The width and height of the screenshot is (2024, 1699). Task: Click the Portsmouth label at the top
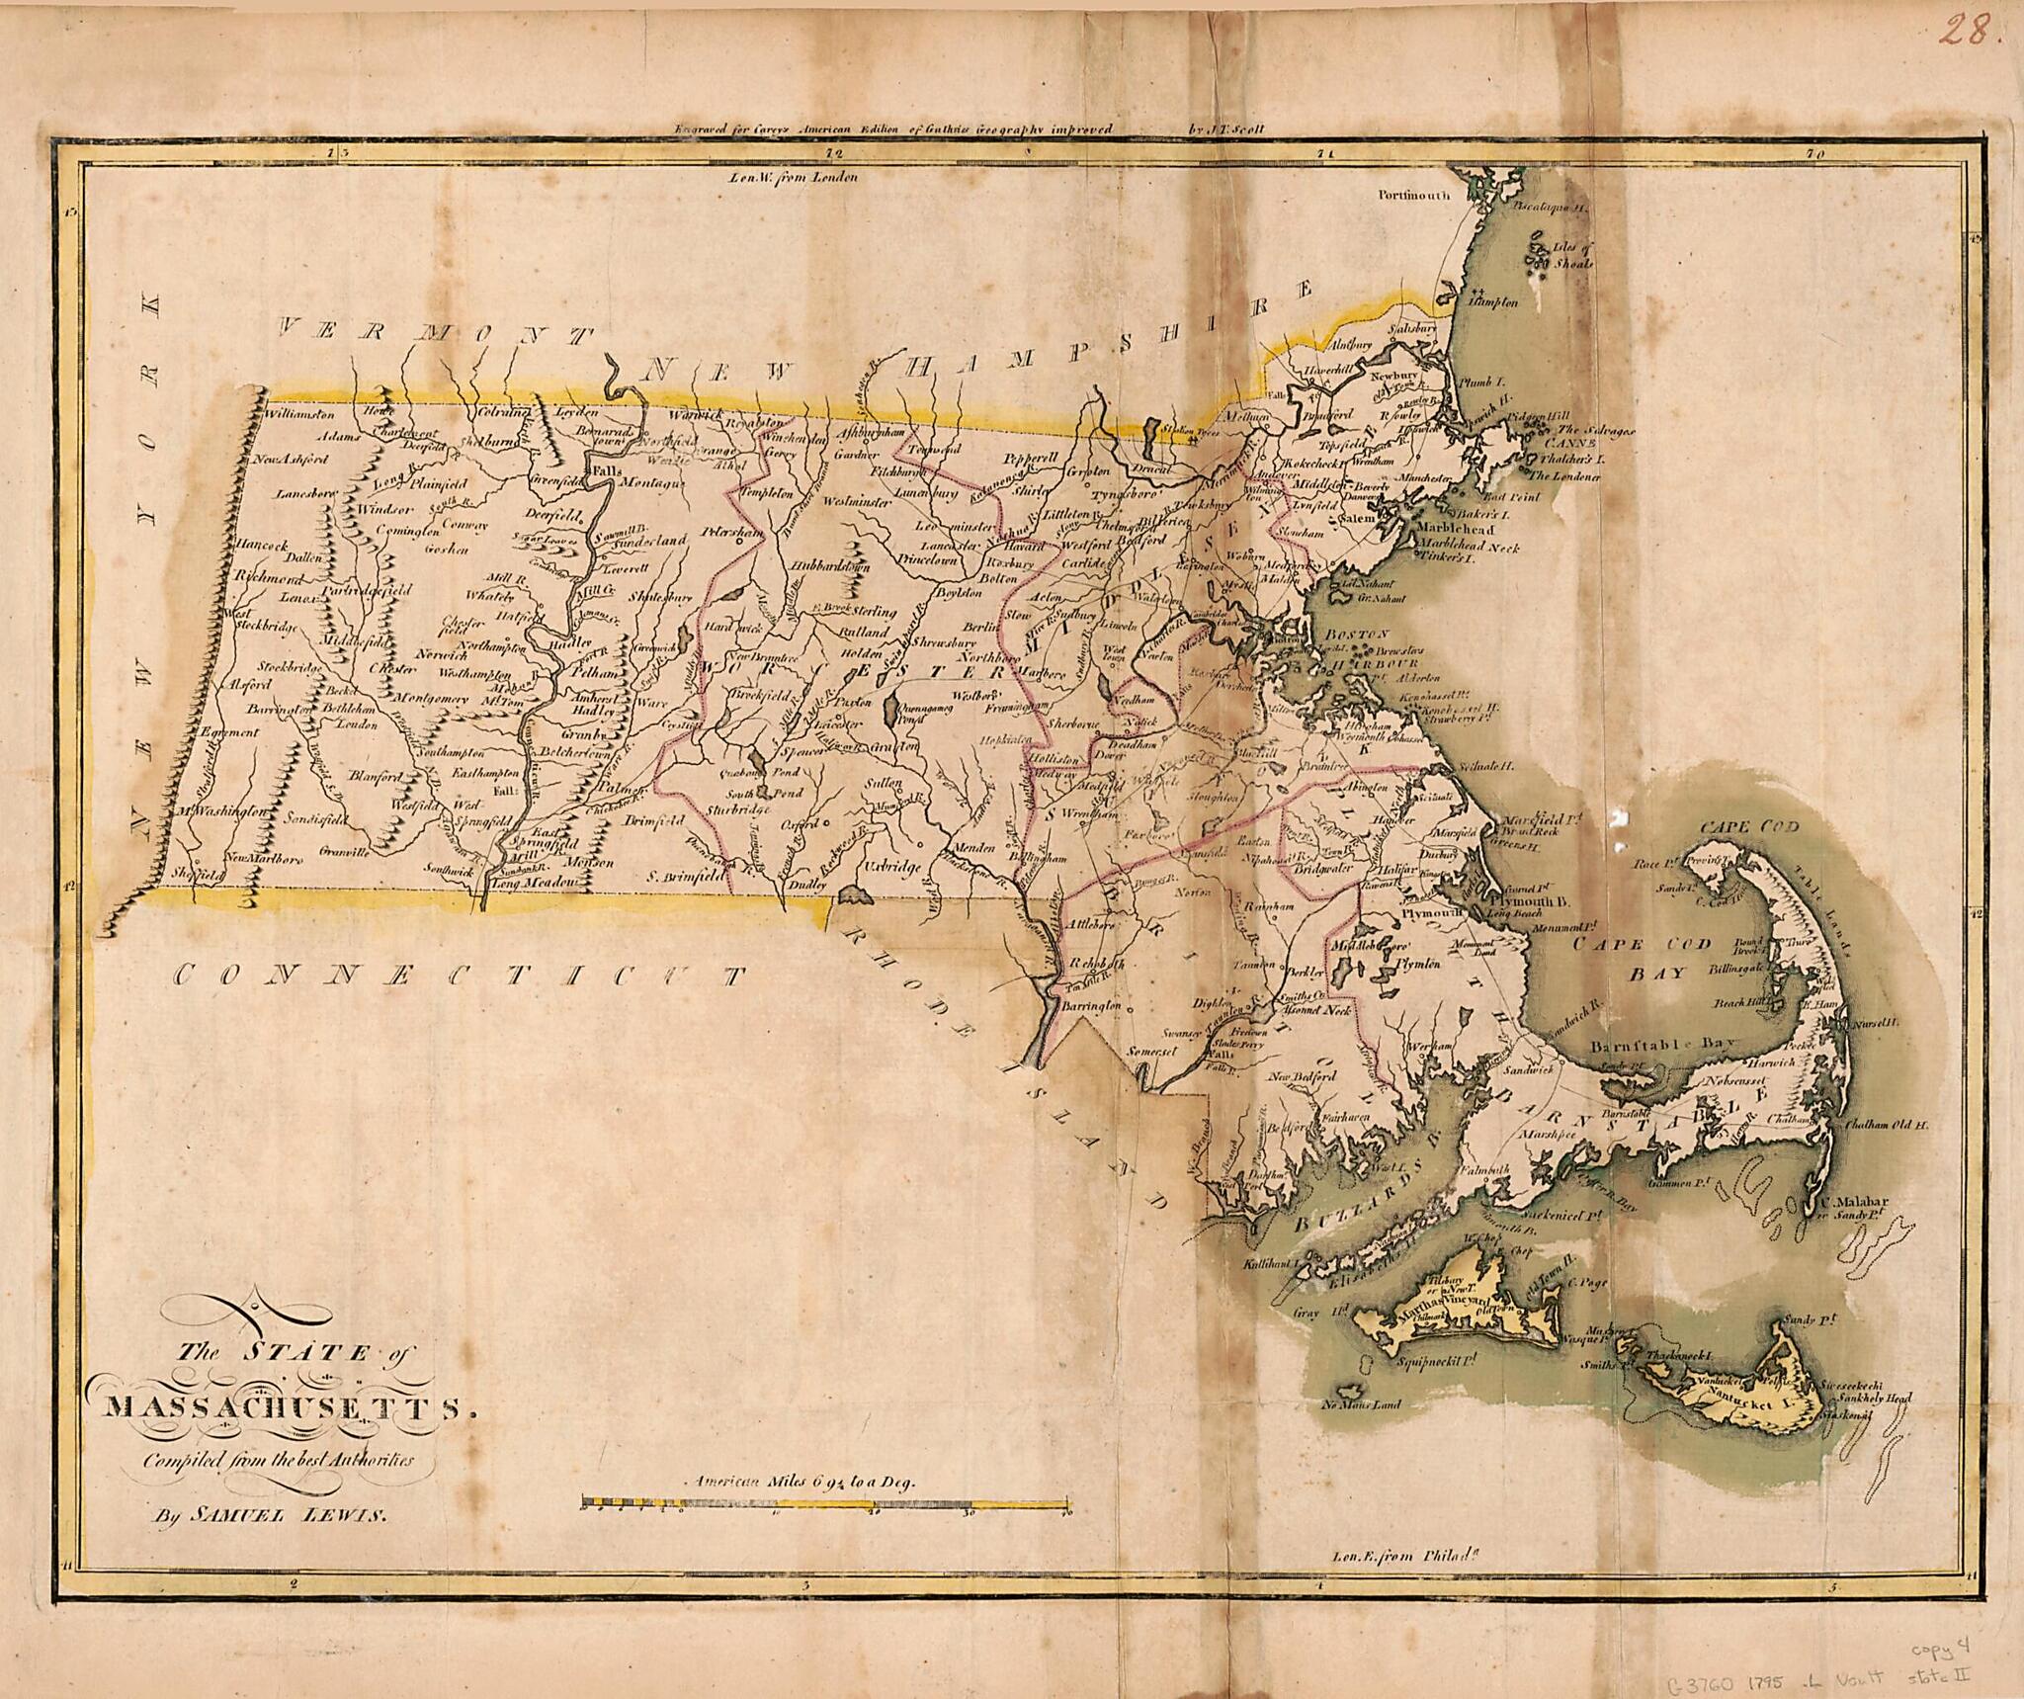tap(1414, 196)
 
